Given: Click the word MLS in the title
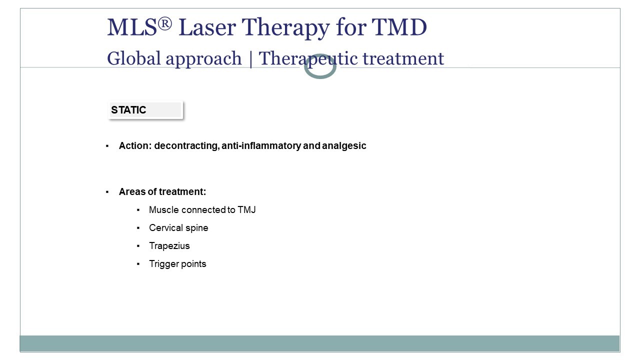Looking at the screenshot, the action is [x=132, y=27].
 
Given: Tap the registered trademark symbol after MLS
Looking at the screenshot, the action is [x=165, y=23].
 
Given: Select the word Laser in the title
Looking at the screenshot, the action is [x=207, y=27].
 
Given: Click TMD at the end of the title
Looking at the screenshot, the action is [x=399, y=27].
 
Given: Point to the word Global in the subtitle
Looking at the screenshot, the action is [x=133, y=58].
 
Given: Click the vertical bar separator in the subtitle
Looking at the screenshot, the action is [x=250, y=59].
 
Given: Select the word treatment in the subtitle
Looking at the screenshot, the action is [x=403, y=58].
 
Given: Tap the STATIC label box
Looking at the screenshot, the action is [x=145, y=109].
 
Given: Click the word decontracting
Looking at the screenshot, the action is [x=186, y=145].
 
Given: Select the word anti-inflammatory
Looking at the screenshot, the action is [x=261, y=145].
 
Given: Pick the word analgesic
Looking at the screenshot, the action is [x=344, y=145].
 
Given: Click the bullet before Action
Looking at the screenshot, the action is [x=107, y=146].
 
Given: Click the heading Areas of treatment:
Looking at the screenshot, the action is [x=162, y=191].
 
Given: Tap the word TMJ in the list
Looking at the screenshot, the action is [x=246, y=209].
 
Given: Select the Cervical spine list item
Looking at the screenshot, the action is [x=178, y=227].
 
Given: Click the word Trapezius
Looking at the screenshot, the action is [x=169, y=245].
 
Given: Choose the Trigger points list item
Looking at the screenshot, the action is [x=177, y=263].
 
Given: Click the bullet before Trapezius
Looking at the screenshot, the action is [x=138, y=245].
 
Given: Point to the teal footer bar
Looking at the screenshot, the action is [x=319, y=343].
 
